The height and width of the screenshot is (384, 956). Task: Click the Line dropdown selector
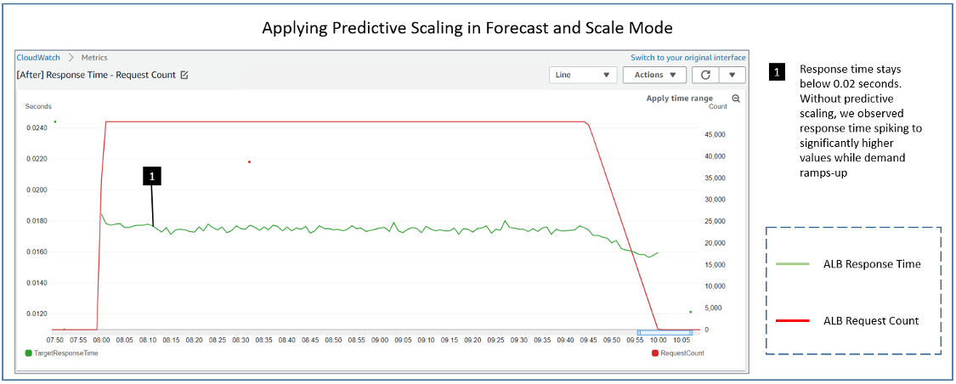point(583,75)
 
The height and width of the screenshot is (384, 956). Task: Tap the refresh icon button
point(705,75)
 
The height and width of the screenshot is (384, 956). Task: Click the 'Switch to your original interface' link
point(688,58)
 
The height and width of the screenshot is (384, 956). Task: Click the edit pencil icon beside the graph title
point(184,75)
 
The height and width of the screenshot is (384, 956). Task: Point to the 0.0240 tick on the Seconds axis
point(37,128)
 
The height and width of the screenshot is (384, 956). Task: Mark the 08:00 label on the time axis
point(101,340)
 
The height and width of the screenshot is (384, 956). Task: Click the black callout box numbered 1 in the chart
point(151,176)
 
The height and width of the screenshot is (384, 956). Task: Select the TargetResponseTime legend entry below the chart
point(61,353)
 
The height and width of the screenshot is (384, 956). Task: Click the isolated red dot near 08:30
point(249,161)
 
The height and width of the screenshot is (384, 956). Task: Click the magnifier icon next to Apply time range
point(736,99)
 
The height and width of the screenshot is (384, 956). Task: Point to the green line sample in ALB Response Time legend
point(792,264)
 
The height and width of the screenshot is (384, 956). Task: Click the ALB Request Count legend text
point(871,320)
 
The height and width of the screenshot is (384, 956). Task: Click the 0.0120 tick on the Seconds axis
point(37,313)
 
